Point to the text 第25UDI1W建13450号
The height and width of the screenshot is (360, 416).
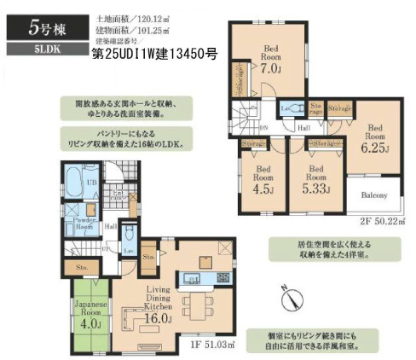pos(153,53)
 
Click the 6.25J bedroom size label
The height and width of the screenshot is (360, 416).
pos(374,147)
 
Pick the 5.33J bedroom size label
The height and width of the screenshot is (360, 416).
pos(312,189)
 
